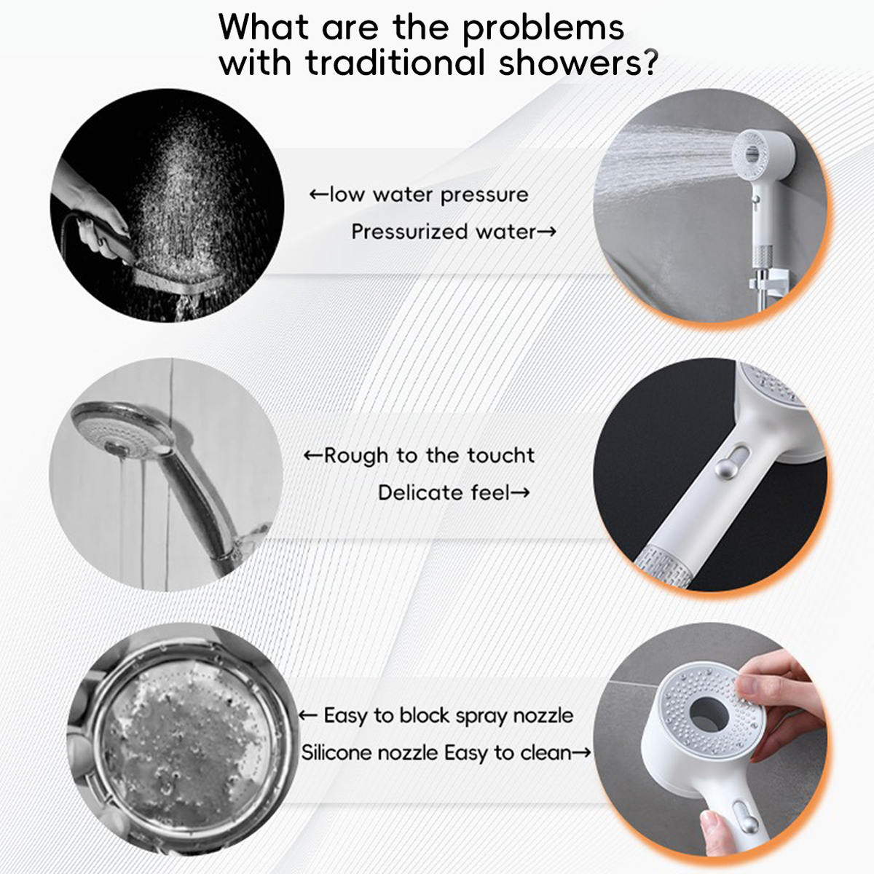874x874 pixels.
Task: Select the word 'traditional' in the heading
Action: [395, 62]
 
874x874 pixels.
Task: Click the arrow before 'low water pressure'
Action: [318, 195]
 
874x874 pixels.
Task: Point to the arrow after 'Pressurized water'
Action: [547, 232]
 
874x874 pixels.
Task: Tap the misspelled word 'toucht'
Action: [501, 455]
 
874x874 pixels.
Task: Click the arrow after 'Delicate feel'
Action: [520, 493]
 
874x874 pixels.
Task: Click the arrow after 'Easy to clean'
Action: [581, 753]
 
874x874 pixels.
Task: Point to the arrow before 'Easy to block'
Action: [308, 716]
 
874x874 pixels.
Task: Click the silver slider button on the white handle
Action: [724, 468]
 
